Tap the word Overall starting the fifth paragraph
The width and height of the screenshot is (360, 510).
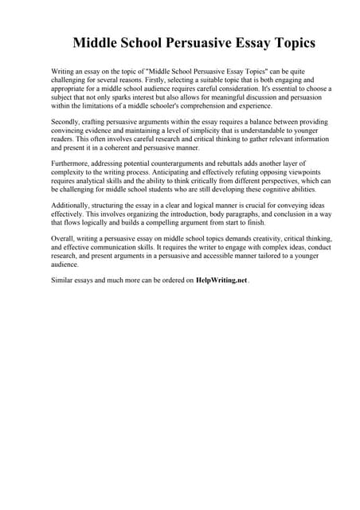(64, 238)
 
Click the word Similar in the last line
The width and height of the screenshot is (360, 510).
(63, 280)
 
